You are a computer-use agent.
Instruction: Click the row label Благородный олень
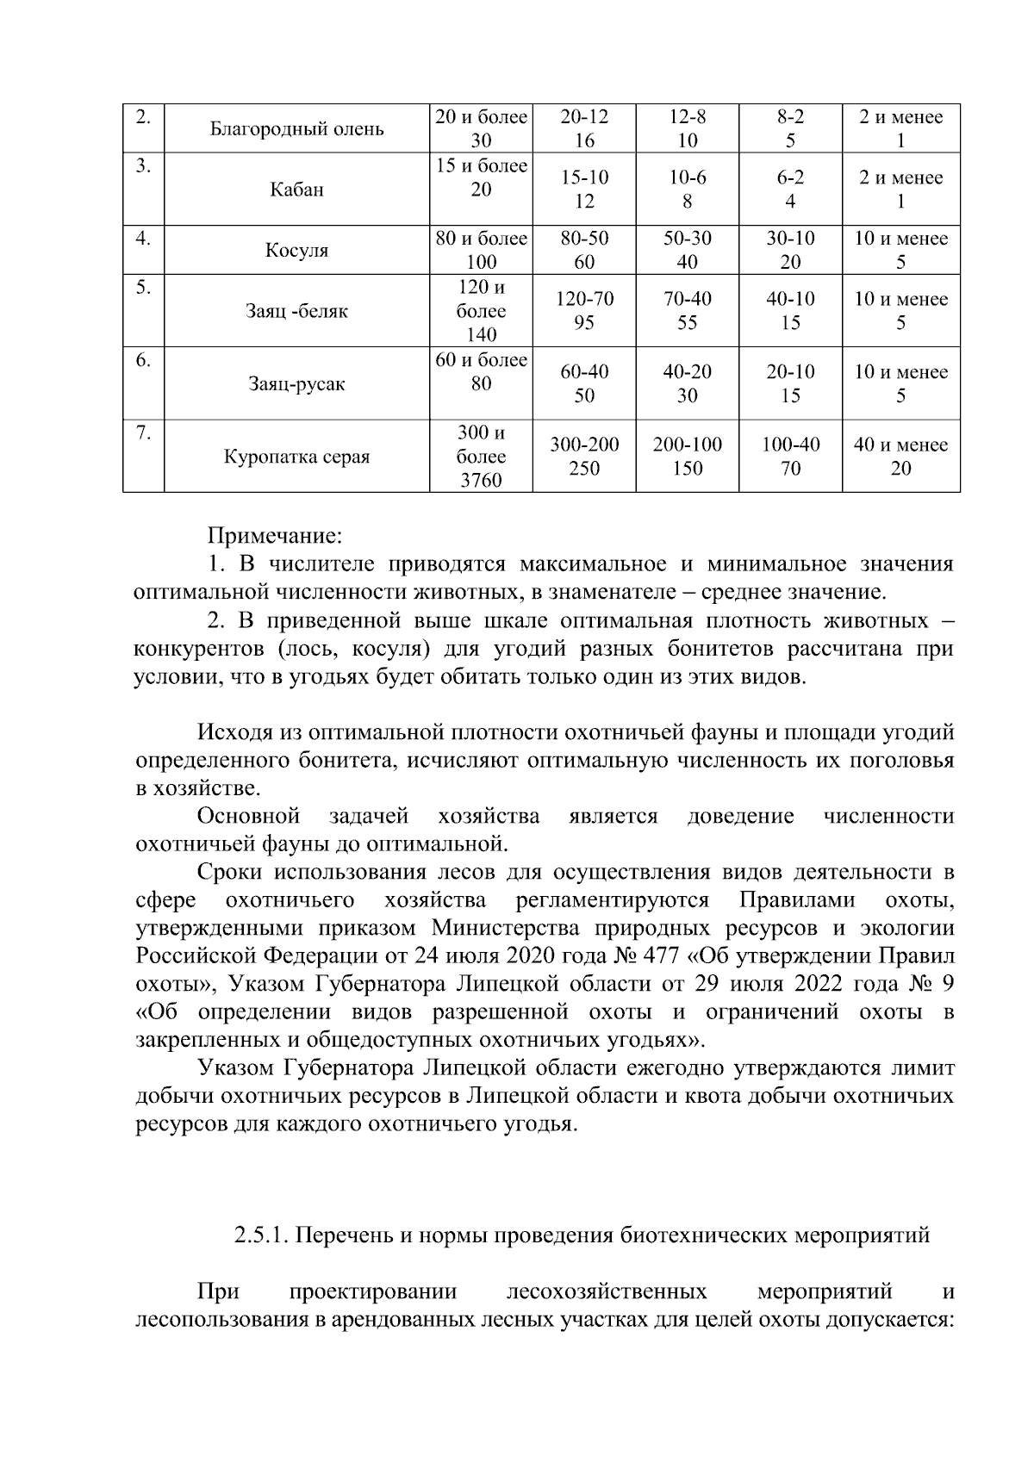(x=296, y=129)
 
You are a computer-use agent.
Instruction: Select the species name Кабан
(x=296, y=190)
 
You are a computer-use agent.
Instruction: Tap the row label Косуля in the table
(x=296, y=251)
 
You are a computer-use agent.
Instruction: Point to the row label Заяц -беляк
(x=296, y=311)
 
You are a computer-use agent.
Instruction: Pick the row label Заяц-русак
(x=296, y=384)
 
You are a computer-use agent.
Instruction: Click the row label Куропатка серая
(x=296, y=457)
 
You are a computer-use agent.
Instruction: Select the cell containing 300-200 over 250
(x=584, y=457)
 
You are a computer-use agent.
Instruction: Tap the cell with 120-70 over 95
(x=584, y=311)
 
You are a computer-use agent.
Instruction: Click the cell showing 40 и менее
(x=900, y=445)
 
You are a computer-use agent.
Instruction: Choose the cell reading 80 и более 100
(x=481, y=250)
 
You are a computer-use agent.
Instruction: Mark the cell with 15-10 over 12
(x=584, y=190)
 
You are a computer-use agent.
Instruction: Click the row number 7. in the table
(x=143, y=433)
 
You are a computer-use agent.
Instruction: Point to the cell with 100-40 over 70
(x=790, y=457)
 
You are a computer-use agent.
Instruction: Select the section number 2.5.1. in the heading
(x=263, y=1235)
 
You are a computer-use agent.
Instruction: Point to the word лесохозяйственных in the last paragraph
(x=607, y=1291)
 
